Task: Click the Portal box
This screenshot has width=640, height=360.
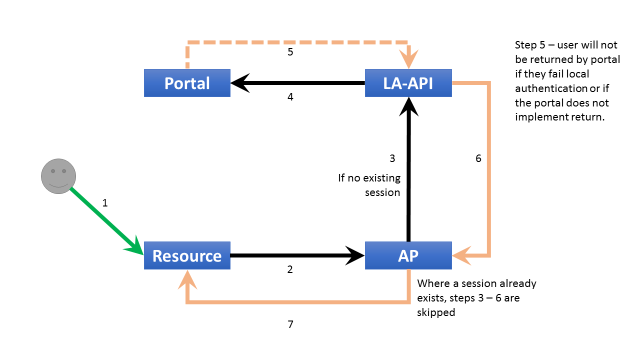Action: [187, 83]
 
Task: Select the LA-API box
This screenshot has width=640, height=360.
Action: [408, 83]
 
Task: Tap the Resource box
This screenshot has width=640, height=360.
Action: [187, 255]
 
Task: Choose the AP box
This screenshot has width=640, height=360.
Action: [408, 255]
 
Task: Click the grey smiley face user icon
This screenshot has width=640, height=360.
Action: [58, 176]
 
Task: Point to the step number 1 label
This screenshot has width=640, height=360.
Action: [105, 203]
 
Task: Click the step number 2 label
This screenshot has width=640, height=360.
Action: [290, 269]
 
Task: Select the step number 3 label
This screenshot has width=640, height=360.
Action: [392, 158]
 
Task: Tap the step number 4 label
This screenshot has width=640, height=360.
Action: [290, 97]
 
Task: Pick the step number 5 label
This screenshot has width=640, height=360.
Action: [290, 51]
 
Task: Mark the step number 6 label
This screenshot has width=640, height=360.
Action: [478, 158]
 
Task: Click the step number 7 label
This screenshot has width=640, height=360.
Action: [290, 324]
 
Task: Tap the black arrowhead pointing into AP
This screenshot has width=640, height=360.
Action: [356, 255]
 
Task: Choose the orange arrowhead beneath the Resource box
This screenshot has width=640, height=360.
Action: [187, 279]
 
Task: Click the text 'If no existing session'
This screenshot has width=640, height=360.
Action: [369, 185]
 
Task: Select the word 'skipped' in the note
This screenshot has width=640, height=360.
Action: [436, 312]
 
